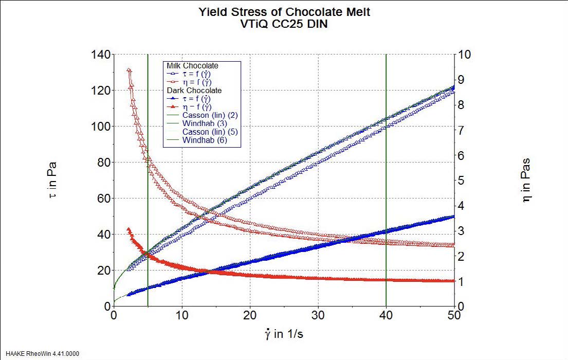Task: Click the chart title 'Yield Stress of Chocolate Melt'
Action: pos(284,12)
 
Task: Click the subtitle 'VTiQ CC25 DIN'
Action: pos(284,24)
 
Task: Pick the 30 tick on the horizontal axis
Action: pos(318,315)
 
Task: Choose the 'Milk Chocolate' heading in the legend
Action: pos(192,66)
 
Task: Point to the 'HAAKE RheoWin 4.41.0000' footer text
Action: pos(40,354)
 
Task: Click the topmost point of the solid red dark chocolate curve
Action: pos(129,229)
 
